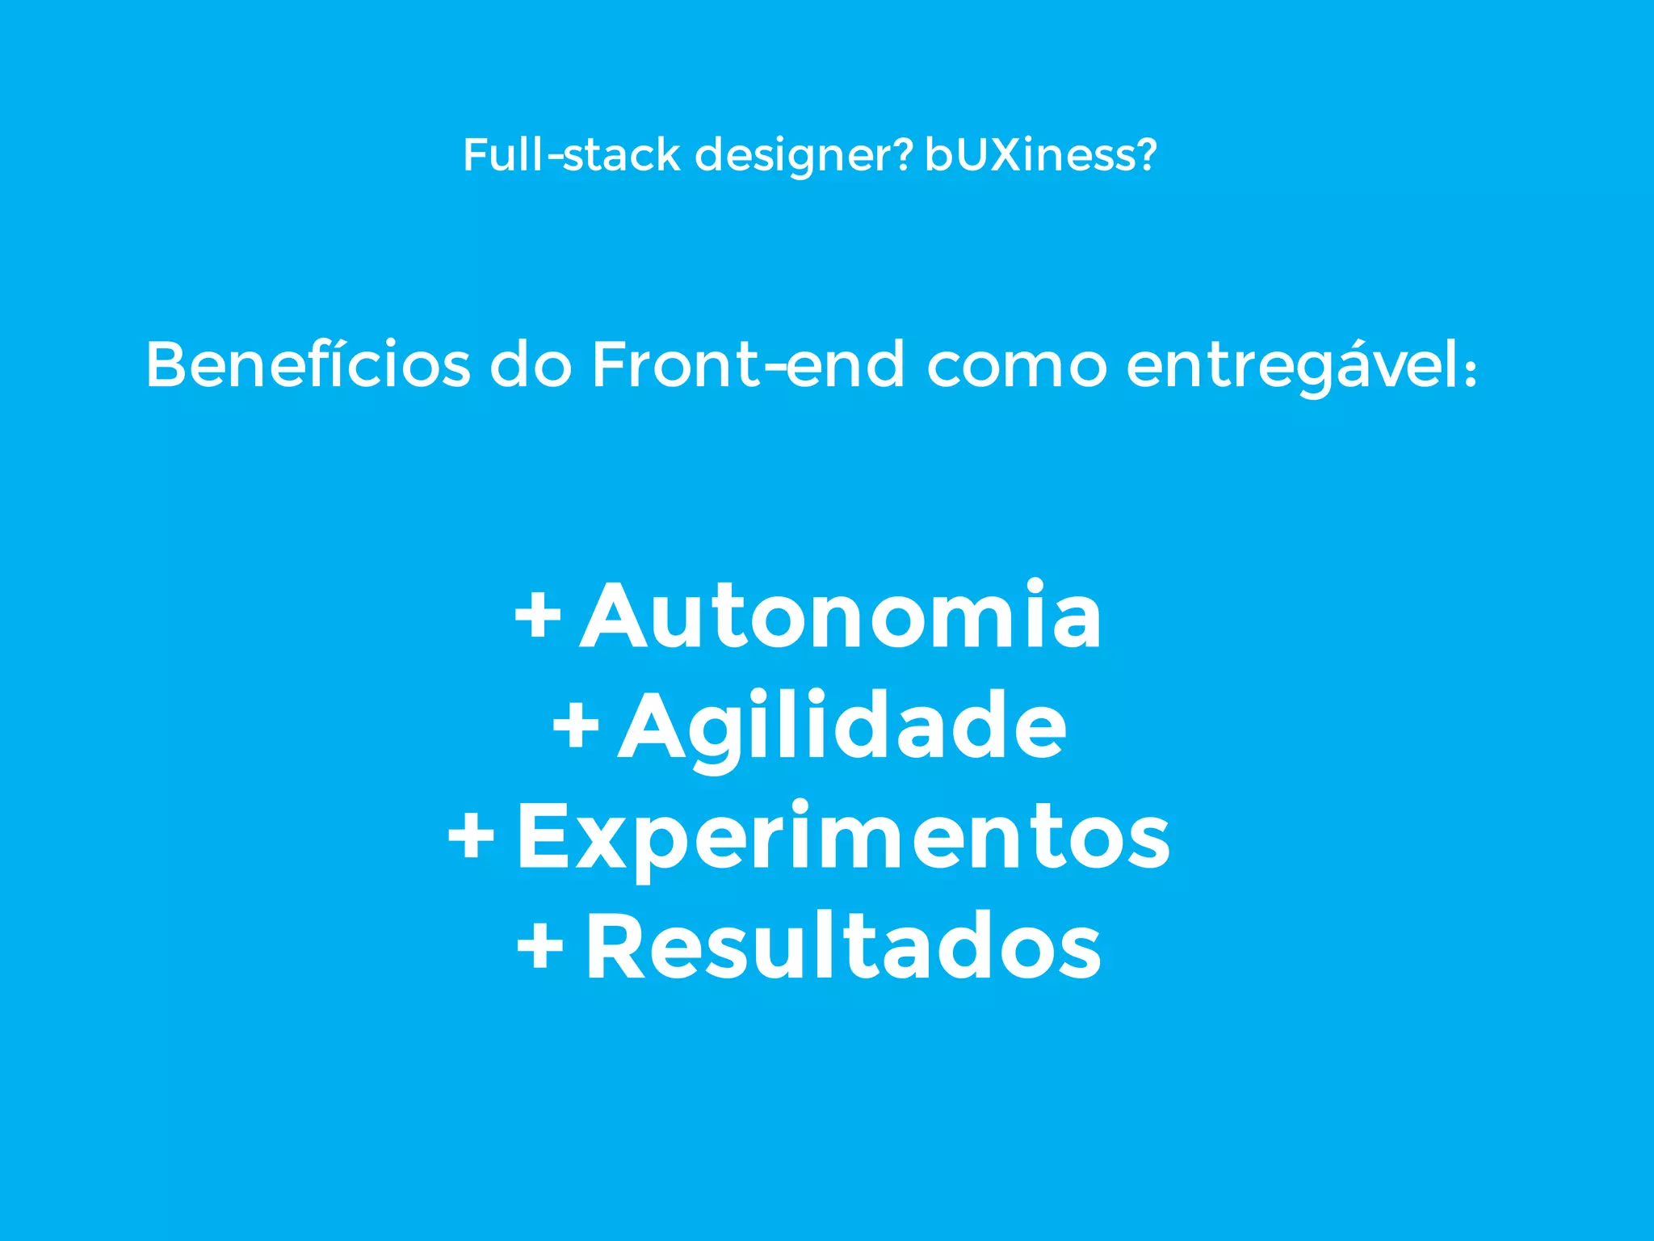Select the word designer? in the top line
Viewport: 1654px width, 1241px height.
(x=804, y=156)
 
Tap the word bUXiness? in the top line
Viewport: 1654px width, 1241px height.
(x=1040, y=154)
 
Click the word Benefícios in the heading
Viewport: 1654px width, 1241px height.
(x=308, y=364)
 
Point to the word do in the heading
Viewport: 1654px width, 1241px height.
(x=531, y=364)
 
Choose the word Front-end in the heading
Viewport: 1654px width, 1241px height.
(x=748, y=364)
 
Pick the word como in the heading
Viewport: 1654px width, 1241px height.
(x=1016, y=366)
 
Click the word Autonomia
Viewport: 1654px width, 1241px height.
(x=841, y=616)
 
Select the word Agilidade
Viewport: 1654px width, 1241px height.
(x=842, y=727)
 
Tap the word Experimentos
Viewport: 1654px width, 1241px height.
(x=843, y=838)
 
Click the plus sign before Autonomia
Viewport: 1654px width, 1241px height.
(x=538, y=616)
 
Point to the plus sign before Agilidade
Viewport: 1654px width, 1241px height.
(x=576, y=726)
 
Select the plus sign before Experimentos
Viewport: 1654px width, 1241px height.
(x=471, y=836)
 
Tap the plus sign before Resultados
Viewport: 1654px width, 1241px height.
(x=540, y=945)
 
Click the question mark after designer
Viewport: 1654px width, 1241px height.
(x=903, y=154)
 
